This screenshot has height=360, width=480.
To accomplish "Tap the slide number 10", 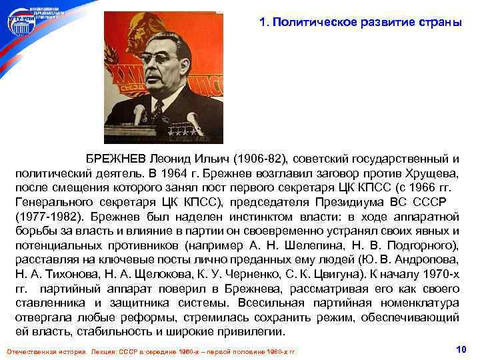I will point(460,349).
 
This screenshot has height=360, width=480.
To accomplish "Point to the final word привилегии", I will point(251,331).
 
